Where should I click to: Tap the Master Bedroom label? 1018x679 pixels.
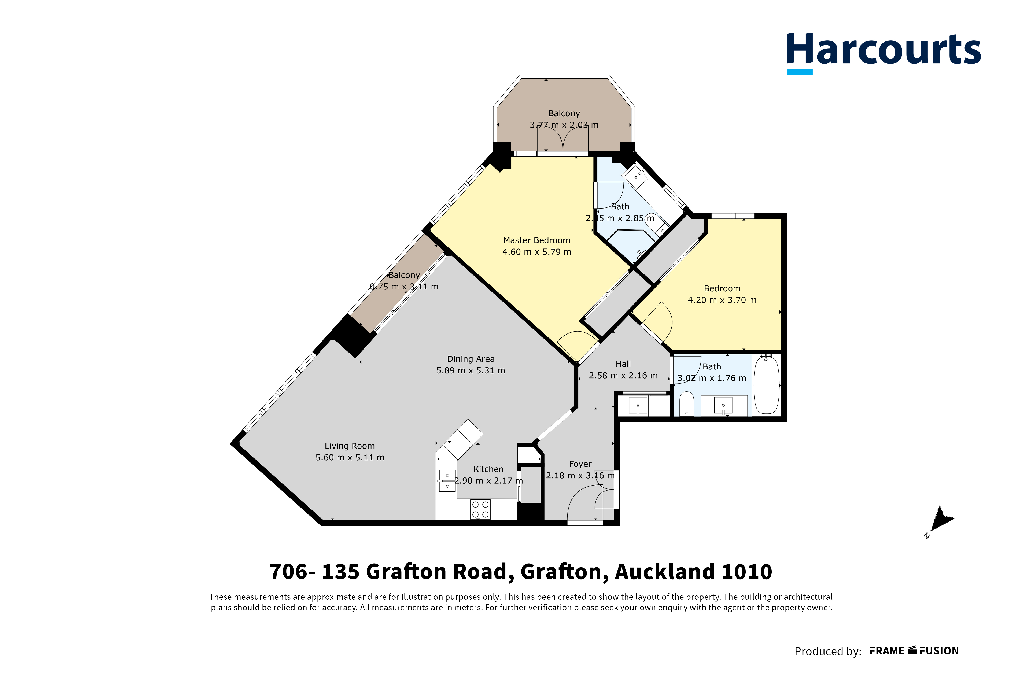point(536,240)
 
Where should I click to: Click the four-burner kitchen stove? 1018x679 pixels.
point(480,509)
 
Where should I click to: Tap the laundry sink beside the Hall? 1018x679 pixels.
point(637,406)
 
